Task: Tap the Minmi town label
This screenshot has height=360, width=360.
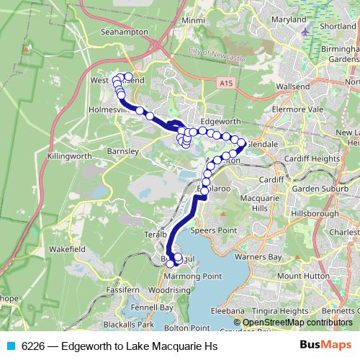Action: tap(193, 21)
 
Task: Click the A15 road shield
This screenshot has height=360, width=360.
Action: tap(227, 84)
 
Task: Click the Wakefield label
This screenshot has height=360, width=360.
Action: tap(68, 248)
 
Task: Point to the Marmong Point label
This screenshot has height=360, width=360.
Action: tap(192, 276)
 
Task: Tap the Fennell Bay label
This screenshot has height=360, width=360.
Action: tap(153, 307)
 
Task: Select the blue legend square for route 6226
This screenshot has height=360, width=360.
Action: tap(9, 346)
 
